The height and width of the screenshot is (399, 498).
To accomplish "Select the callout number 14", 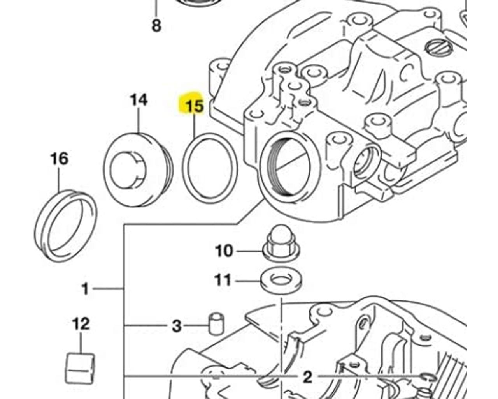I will click(x=139, y=100).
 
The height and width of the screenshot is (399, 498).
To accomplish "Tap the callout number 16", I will click(x=59, y=159).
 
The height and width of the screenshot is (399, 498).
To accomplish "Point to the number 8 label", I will click(x=156, y=26).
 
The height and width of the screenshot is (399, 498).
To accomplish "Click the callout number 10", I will click(x=224, y=251).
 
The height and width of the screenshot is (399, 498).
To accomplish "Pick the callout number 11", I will click(x=223, y=280).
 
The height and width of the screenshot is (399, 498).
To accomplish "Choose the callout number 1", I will click(x=85, y=289).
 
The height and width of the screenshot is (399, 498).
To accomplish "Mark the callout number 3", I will click(x=177, y=326).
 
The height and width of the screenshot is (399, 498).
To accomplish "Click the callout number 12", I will click(x=81, y=324).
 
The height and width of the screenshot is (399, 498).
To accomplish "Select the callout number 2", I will click(x=307, y=377).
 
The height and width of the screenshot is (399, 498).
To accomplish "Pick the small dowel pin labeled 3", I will click(x=216, y=323).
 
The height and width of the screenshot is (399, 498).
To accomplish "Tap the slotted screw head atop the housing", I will click(x=437, y=48).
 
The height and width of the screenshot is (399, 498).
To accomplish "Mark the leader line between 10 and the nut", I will click(x=249, y=251).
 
